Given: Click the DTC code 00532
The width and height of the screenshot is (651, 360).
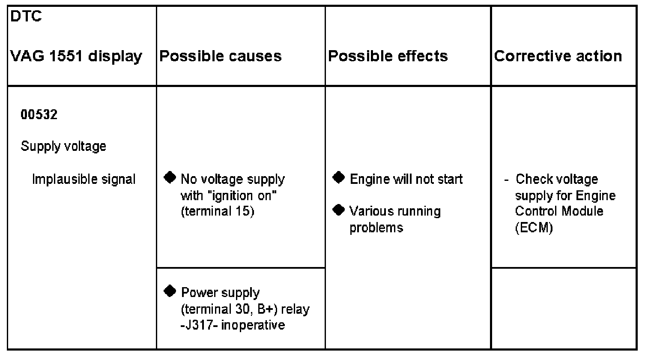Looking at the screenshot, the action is click(39, 115).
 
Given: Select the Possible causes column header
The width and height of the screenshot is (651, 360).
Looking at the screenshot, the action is click(221, 56).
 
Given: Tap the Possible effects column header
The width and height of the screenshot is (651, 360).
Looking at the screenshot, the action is click(388, 56).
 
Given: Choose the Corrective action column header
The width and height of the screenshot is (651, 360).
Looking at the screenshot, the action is click(558, 56).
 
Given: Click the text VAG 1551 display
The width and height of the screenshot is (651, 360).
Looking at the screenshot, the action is click(76, 56).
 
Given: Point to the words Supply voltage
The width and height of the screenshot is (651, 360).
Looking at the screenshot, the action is click(63, 147).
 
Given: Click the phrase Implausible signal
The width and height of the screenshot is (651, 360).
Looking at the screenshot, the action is click(84, 179).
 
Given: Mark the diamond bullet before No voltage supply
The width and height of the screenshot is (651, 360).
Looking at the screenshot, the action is click(170, 177).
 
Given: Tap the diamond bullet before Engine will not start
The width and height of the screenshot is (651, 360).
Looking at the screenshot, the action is click(339, 177).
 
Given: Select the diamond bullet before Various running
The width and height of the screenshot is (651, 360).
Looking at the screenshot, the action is click(339, 210).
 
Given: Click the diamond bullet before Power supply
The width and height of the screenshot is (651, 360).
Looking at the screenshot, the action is click(170, 291).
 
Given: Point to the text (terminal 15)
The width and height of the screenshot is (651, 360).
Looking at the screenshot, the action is click(218, 212).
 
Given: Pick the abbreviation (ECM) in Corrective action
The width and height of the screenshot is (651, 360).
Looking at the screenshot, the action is click(534, 228).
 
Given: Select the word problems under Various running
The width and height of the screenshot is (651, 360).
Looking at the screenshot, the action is click(376, 228).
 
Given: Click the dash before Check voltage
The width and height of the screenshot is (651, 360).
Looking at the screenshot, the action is click(507, 180).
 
